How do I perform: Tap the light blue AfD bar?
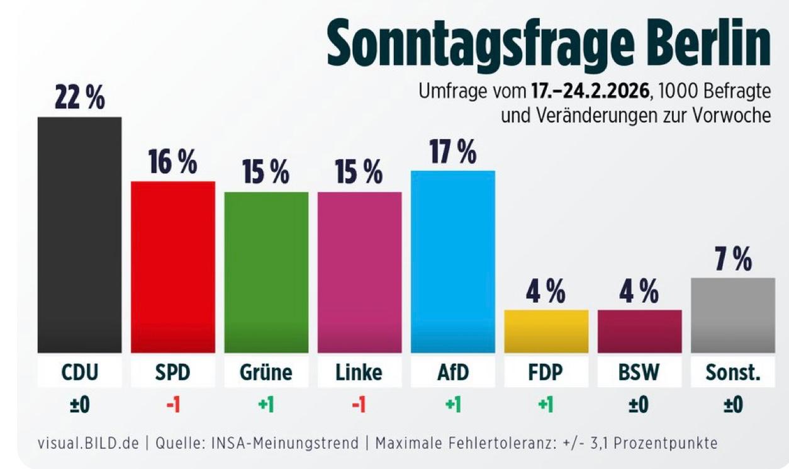[453, 261]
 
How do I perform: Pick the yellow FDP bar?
[546, 331]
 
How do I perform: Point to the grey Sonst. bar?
[733, 315]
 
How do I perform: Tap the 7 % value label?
[733, 259]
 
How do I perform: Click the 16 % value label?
[173, 162]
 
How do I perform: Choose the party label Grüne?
[266, 373]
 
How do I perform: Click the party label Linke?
[359, 373]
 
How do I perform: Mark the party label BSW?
[639, 373]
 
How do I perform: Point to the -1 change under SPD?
[173, 405]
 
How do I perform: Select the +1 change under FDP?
[546, 405]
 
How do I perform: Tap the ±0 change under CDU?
[80, 405]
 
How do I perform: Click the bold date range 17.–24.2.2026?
[590, 92]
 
